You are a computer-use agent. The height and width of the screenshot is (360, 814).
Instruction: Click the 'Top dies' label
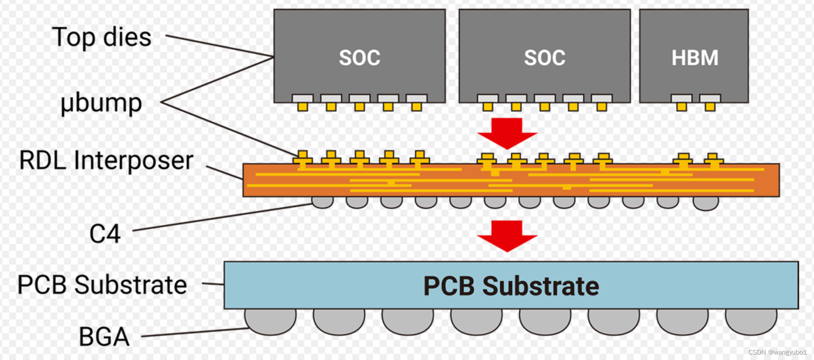pyautogui.click(x=102, y=38)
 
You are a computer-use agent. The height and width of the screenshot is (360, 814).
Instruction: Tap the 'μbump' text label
pyautogui.click(x=101, y=103)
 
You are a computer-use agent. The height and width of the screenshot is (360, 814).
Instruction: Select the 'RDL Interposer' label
pyautogui.click(x=106, y=161)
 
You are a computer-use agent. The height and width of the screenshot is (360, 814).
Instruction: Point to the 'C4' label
pyautogui.click(x=105, y=234)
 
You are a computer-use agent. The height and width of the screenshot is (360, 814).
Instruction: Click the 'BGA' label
pyautogui.click(x=104, y=337)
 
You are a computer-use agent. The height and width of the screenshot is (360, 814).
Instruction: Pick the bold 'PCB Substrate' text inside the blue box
pyautogui.click(x=511, y=286)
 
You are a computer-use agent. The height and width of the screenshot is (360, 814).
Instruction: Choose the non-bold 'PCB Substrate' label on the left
pyautogui.click(x=102, y=285)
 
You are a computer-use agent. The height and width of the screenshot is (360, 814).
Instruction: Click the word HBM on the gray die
pyautogui.click(x=695, y=58)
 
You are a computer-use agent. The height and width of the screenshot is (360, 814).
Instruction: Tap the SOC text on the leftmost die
pyautogui.click(x=360, y=58)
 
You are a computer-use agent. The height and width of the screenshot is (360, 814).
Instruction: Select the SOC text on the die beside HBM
pyautogui.click(x=544, y=58)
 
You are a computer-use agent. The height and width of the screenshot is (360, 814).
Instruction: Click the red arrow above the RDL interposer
pyautogui.click(x=507, y=133)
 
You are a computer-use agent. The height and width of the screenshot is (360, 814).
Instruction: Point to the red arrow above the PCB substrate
pyautogui.click(x=507, y=236)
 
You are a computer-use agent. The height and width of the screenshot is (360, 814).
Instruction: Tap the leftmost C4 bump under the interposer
pyautogui.click(x=323, y=202)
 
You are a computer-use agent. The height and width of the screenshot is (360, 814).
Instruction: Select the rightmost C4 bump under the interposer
pyautogui.click(x=706, y=203)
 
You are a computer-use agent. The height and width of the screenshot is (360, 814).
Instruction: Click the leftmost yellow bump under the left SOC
pyautogui.click(x=302, y=107)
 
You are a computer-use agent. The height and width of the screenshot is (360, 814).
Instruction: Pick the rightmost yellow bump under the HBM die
pyautogui.click(x=710, y=107)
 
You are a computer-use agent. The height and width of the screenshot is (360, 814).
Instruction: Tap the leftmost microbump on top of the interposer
pyautogui.click(x=302, y=157)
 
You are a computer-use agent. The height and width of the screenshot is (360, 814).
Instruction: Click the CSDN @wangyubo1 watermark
pyautogui.click(x=777, y=352)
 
